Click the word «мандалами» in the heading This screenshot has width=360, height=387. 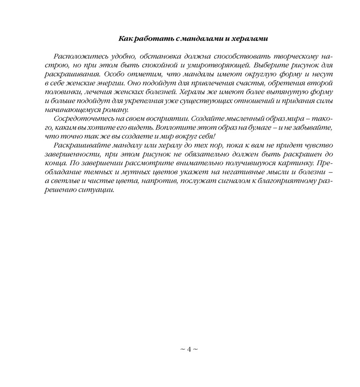pos(200,39)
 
